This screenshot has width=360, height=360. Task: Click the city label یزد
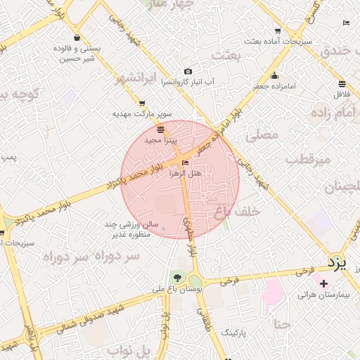tap(338, 263)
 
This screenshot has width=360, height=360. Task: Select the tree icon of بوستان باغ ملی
tap(176, 278)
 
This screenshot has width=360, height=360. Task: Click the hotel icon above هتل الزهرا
tap(185, 163)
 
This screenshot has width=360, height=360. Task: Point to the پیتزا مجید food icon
tap(161, 129)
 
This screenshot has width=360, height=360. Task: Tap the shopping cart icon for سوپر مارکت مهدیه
tap(143, 103)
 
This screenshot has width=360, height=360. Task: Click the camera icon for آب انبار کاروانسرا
tap(188, 72)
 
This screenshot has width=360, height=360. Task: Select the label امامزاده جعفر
tap(274, 86)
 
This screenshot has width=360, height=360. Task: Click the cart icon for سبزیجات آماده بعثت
tap(278, 31)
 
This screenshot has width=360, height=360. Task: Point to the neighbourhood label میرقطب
tap(308, 159)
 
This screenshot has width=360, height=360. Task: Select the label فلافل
tap(342, 93)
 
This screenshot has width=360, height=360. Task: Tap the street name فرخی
tap(226, 280)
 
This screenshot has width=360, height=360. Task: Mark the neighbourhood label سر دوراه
tap(75, 257)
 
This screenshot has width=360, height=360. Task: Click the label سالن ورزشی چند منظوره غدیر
tap(124, 229)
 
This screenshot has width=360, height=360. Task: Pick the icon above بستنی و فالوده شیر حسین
tap(76, 38)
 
